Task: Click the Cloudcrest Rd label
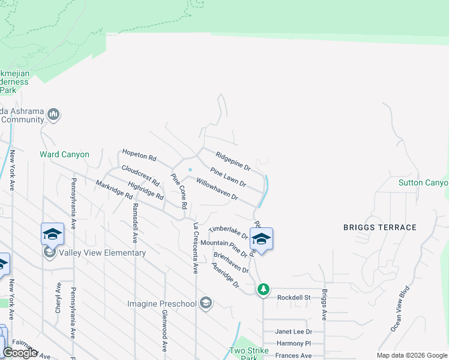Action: (x=140, y=175)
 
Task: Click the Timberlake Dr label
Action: (x=228, y=232)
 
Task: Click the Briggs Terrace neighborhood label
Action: (x=379, y=227)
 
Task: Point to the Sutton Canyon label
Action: (x=424, y=182)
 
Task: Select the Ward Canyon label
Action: (x=64, y=154)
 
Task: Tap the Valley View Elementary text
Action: (x=103, y=253)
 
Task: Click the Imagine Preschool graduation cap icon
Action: (x=206, y=302)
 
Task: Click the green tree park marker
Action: (x=263, y=290)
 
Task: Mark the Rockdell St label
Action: (x=294, y=297)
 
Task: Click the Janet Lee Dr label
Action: (x=294, y=331)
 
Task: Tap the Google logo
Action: (x=20, y=353)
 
